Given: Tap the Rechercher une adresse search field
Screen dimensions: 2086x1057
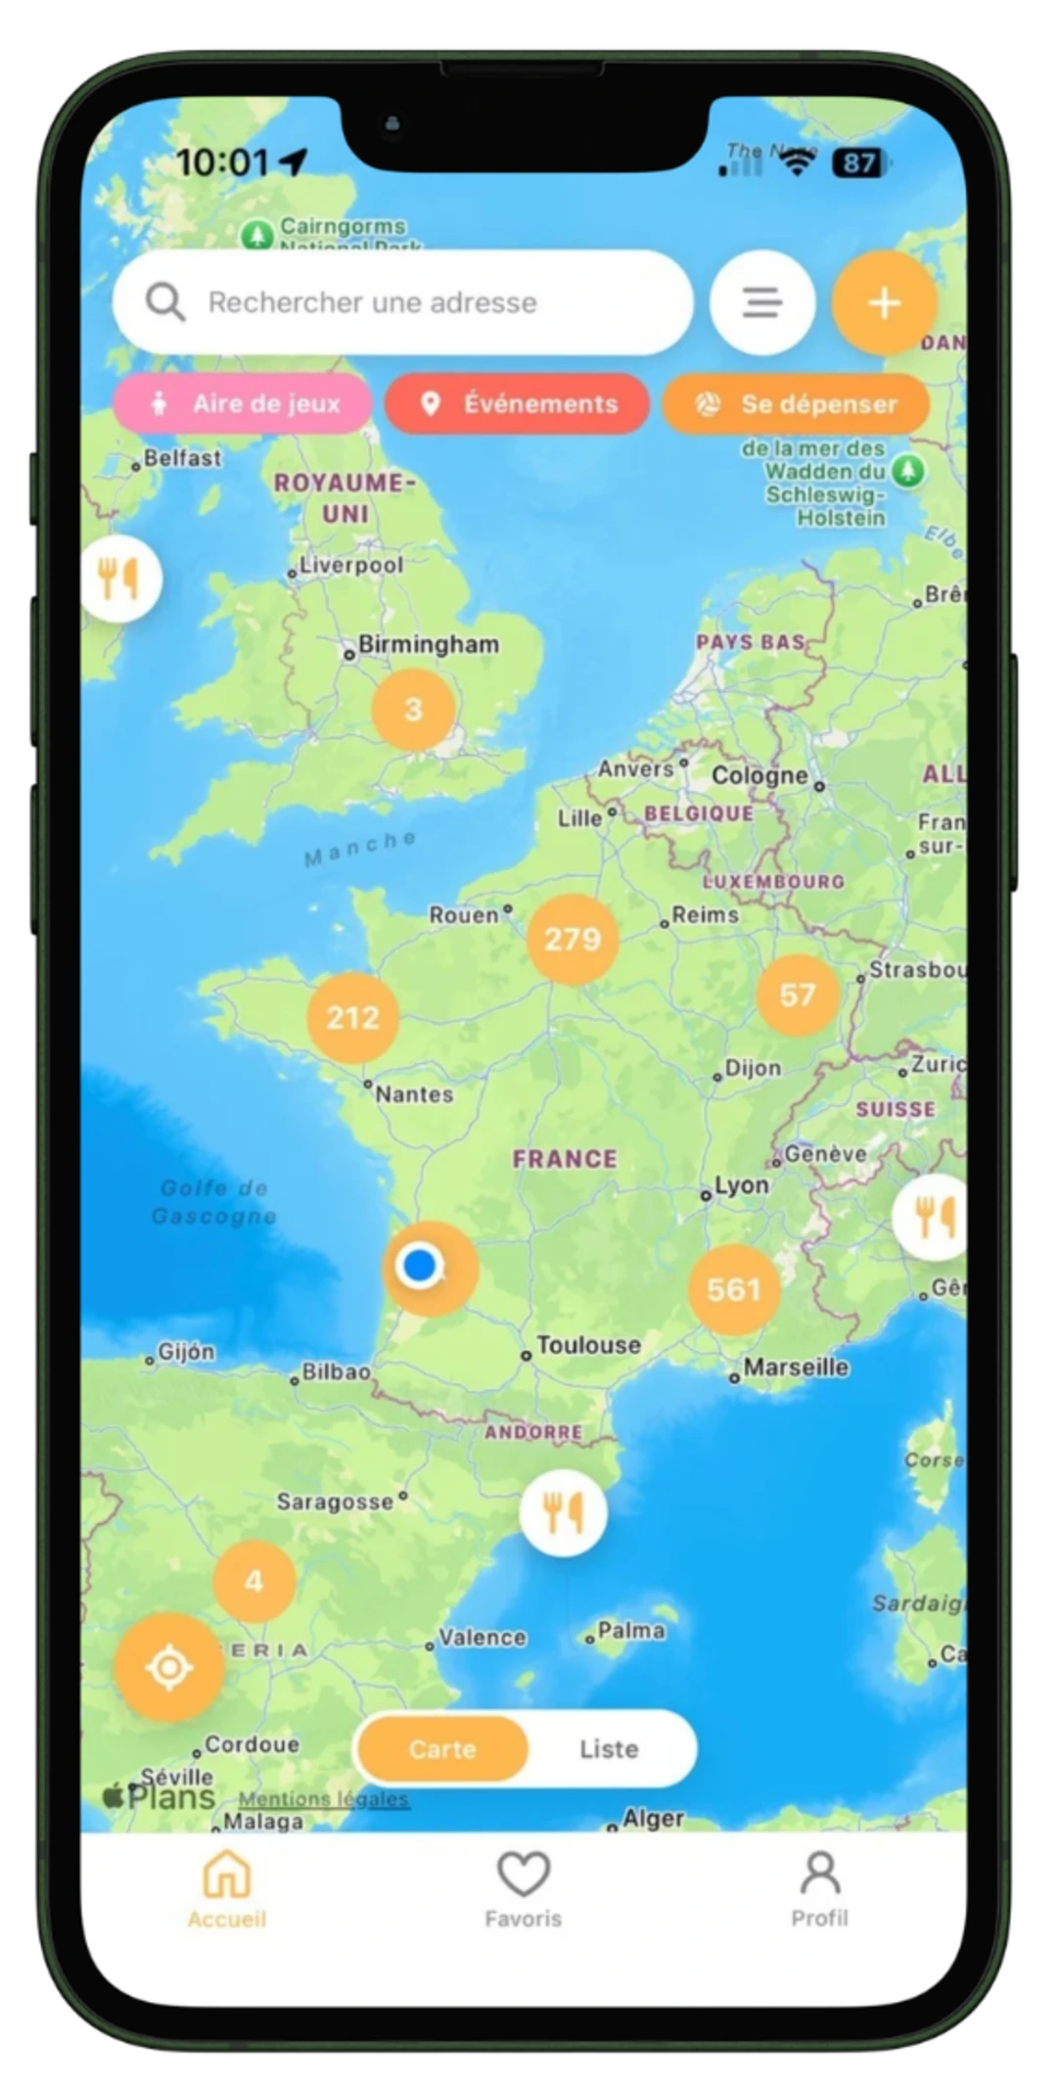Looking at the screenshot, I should [x=401, y=302].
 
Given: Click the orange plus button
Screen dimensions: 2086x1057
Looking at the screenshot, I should [x=884, y=302].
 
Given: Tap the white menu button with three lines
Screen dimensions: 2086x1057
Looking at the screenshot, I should [x=761, y=302].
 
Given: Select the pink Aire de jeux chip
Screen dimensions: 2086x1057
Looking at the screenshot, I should [x=243, y=403].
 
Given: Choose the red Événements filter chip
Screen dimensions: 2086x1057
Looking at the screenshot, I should [x=517, y=403].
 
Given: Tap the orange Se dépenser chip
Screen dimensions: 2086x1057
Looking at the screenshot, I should [x=795, y=403].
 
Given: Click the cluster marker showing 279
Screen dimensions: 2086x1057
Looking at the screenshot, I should [x=573, y=940].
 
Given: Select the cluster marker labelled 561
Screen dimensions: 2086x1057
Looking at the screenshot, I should [x=734, y=1289].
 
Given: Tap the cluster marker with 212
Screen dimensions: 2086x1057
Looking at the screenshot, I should [x=352, y=1018].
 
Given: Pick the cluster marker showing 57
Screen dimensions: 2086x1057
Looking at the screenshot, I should [x=798, y=996].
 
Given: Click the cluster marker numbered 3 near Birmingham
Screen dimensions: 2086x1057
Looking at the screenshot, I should [x=413, y=709].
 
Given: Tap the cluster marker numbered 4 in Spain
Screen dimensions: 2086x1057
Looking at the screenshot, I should [x=254, y=1581].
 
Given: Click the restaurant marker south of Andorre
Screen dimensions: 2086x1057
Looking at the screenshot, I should [x=563, y=1513].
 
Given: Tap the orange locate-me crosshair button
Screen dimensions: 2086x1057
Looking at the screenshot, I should [x=169, y=1667].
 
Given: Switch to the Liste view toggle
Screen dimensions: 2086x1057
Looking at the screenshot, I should [x=609, y=1748].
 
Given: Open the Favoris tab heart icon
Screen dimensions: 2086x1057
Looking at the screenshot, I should [x=524, y=1875].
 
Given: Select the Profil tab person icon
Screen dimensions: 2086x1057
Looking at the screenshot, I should [x=820, y=1875].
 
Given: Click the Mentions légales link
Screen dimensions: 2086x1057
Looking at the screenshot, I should [x=323, y=1799].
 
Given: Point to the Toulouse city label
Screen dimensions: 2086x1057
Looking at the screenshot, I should [x=587, y=1345].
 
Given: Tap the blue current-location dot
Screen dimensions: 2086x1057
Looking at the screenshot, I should [x=420, y=1265].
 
